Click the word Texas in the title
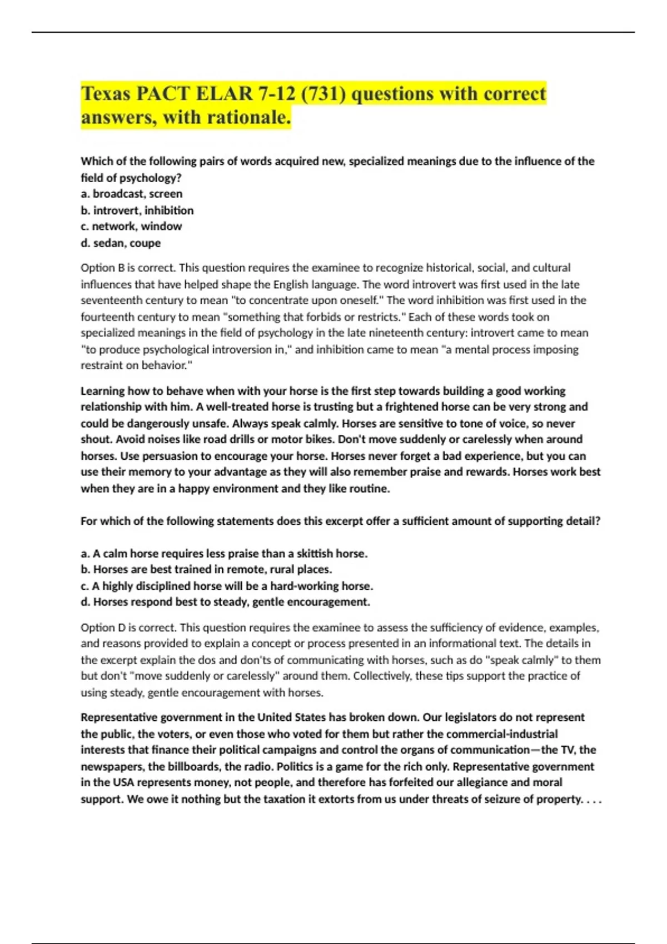(106, 94)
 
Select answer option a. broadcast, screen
(132, 194)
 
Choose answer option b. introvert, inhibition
(137, 210)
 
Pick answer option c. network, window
(131, 227)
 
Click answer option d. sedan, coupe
(121, 243)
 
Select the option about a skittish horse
(224, 554)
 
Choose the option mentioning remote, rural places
(207, 570)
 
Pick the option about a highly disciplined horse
(227, 586)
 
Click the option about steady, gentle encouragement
(225, 602)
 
